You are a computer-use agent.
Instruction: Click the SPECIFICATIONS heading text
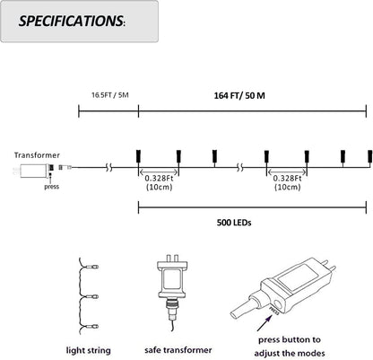[x=72, y=21]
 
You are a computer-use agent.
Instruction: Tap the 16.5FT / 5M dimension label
[x=110, y=95]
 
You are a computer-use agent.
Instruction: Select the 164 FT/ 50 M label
[x=239, y=96]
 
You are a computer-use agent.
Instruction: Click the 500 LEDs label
[x=234, y=223]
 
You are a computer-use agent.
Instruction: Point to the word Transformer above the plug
[x=37, y=155]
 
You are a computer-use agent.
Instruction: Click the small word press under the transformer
[x=52, y=187]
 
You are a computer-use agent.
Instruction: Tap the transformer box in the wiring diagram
[x=33, y=171]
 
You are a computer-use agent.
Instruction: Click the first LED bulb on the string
[x=138, y=156]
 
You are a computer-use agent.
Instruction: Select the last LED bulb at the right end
[x=370, y=156]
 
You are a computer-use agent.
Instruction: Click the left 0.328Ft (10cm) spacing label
[x=159, y=182]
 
